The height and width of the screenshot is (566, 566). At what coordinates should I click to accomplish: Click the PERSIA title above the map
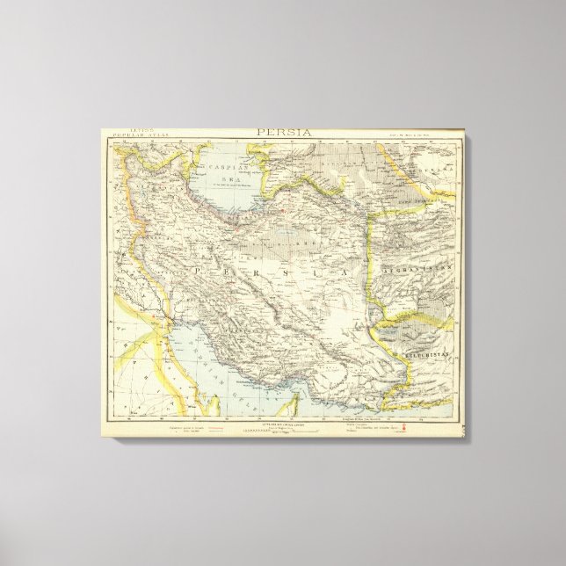pyautogui.click(x=283, y=133)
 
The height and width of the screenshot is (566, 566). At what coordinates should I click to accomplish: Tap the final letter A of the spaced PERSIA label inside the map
pyautogui.click(x=345, y=274)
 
